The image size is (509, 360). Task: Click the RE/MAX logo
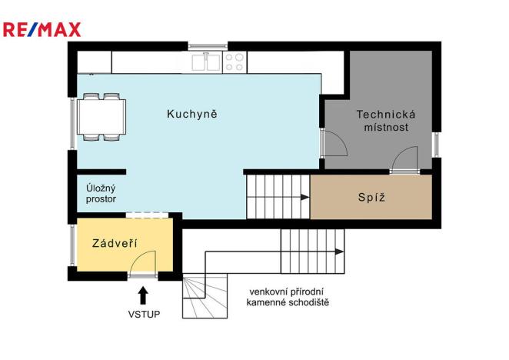(42, 30)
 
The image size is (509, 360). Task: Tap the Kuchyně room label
(192, 115)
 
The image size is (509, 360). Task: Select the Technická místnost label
(381, 121)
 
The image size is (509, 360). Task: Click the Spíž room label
(371, 197)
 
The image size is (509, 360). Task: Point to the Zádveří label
(115, 243)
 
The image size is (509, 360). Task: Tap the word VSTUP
(143, 315)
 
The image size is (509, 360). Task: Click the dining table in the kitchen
(102, 117)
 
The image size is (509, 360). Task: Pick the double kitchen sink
(205, 62)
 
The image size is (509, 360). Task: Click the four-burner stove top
(235, 62)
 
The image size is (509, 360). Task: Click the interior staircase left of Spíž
(278, 197)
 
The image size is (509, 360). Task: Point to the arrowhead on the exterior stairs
(339, 251)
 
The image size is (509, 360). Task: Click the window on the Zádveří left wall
(72, 245)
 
